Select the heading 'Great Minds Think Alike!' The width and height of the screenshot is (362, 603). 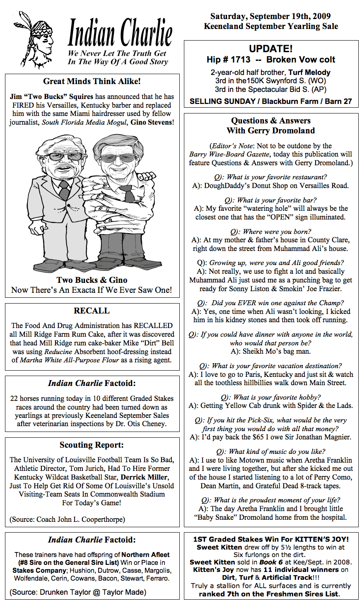tap(92, 82)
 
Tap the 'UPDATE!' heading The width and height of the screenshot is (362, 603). tap(271, 49)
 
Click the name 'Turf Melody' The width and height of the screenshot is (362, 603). tap(309, 72)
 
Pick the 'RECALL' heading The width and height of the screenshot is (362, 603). tap(92, 311)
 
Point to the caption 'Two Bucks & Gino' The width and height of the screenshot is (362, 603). tap(92, 280)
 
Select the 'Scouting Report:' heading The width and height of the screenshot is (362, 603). tap(92, 445)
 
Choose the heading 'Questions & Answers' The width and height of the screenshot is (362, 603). tap(271, 121)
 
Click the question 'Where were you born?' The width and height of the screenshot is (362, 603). tap(271, 232)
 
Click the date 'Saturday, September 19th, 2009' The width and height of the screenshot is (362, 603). tap(270, 17)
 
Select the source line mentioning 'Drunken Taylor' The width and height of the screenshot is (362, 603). tap(78, 592)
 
